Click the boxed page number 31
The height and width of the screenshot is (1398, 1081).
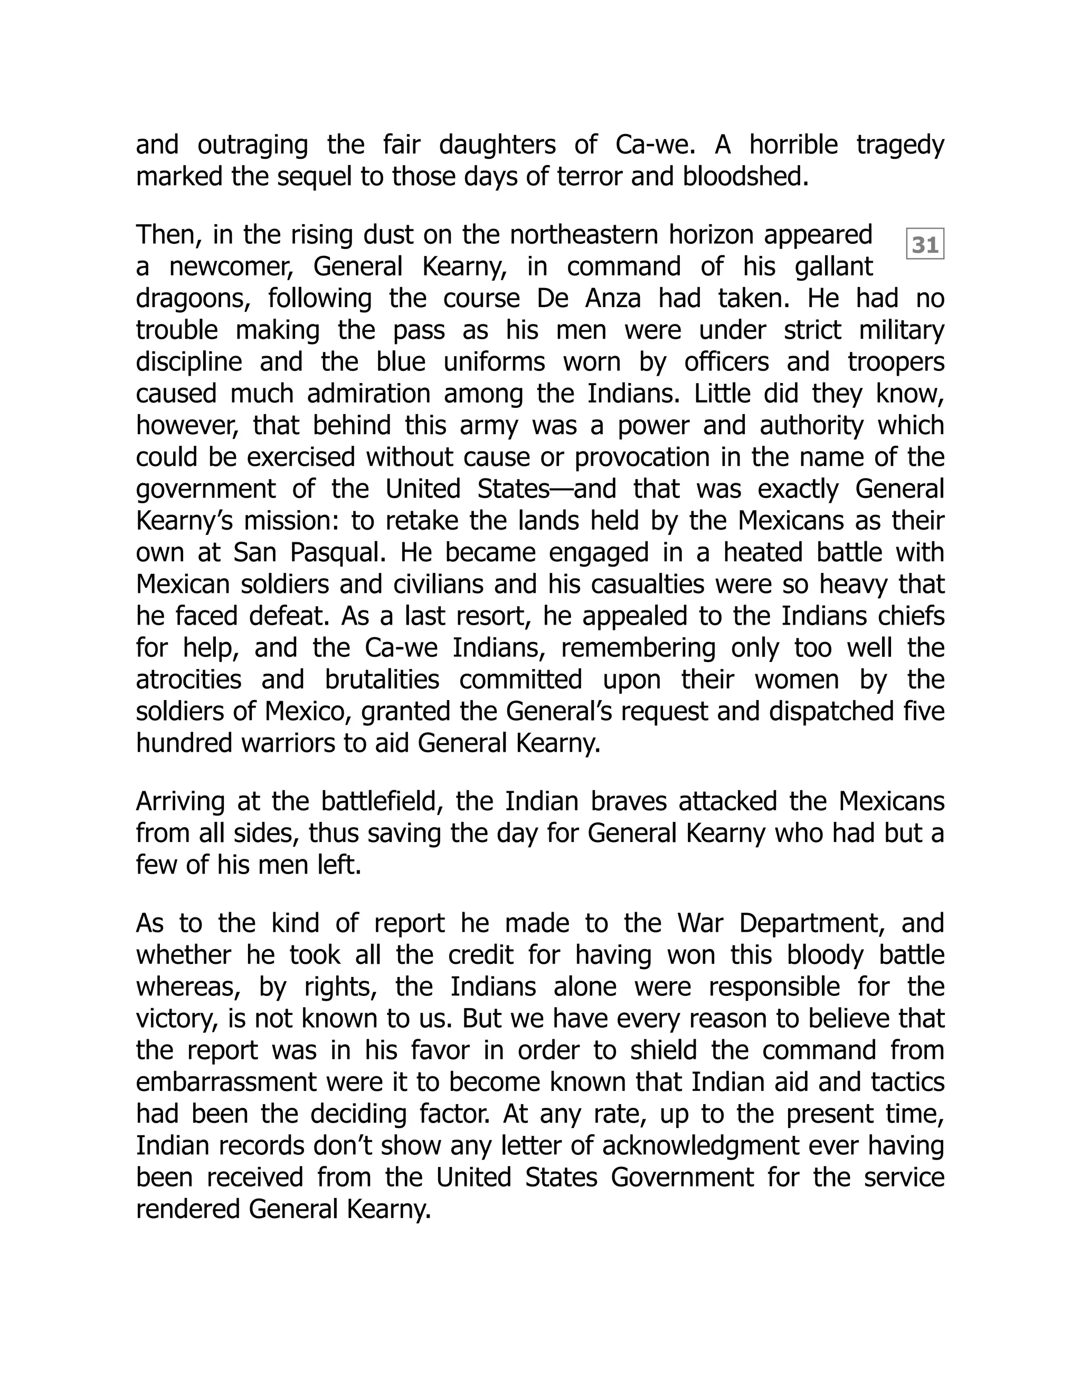(925, 245)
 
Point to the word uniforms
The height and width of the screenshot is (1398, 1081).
(494, 362)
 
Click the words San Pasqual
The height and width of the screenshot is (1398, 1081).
(310, 553)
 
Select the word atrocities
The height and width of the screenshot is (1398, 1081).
(188, 680)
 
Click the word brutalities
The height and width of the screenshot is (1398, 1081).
(382, 680)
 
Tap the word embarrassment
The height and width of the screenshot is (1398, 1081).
(226, 1083)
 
